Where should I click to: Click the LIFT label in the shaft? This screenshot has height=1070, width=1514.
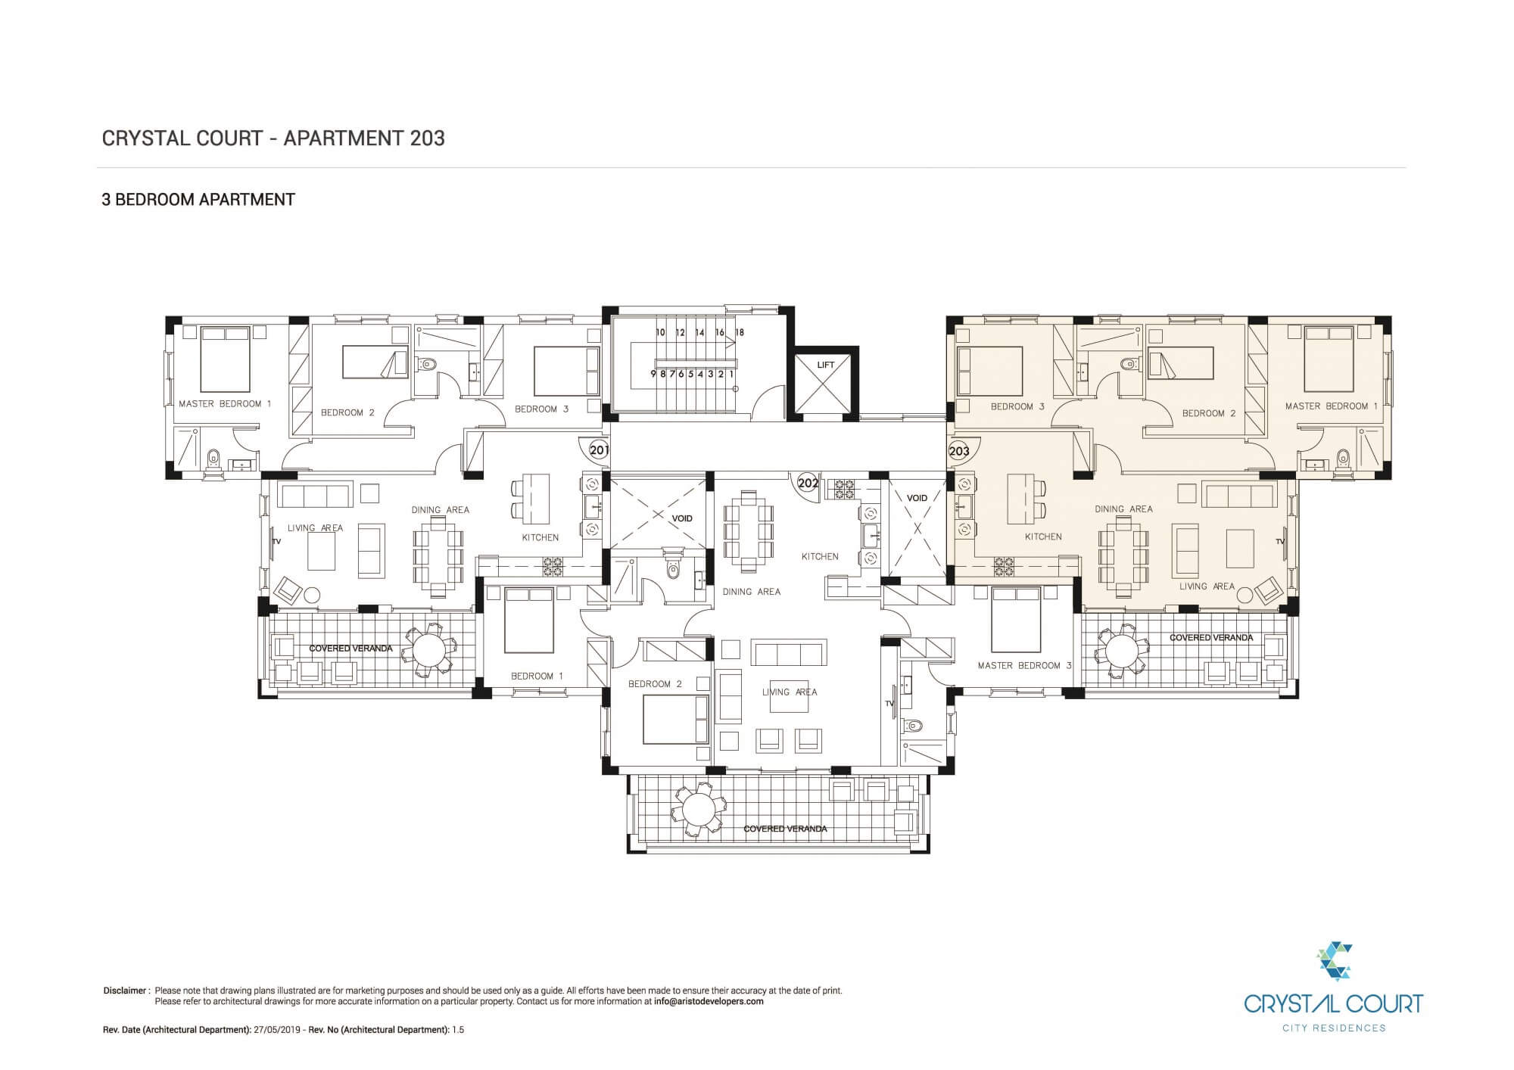825,365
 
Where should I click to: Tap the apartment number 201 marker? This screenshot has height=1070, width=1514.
599,450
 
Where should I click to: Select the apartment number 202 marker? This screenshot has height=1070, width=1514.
808,483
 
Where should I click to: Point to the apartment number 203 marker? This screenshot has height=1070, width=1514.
958,451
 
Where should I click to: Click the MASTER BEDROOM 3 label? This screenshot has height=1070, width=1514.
1024,666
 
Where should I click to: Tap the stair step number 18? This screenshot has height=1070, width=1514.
740,332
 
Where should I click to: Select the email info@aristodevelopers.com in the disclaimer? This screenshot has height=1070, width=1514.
709,1001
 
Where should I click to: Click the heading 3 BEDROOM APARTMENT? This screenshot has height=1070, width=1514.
198,200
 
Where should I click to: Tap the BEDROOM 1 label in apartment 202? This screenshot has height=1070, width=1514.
537,677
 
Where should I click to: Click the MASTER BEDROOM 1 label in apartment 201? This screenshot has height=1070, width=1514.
225,404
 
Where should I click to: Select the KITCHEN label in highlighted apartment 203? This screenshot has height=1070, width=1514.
1043,537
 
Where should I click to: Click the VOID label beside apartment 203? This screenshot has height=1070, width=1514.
917,498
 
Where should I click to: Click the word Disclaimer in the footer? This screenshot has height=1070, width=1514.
125,991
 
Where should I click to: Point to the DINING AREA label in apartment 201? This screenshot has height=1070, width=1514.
440,510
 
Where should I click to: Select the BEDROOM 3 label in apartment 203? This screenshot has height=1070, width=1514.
1017,407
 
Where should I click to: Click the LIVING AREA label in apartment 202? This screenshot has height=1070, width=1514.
790,692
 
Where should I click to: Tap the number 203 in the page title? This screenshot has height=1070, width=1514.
427,138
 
